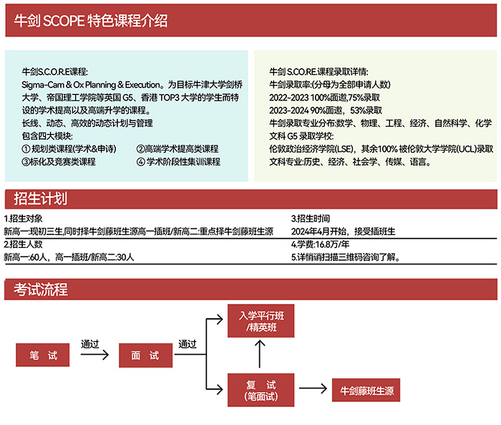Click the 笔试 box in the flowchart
(44, 355)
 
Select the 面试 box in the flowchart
(145, 355)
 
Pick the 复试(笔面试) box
(261, 389)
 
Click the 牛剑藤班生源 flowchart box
(366, 391)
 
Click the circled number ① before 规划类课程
(26, 149)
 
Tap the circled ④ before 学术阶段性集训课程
(140, 162)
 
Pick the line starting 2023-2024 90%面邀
(326, 110)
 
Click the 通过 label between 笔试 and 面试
(90, 343)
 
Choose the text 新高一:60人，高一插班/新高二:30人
(69, 257)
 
